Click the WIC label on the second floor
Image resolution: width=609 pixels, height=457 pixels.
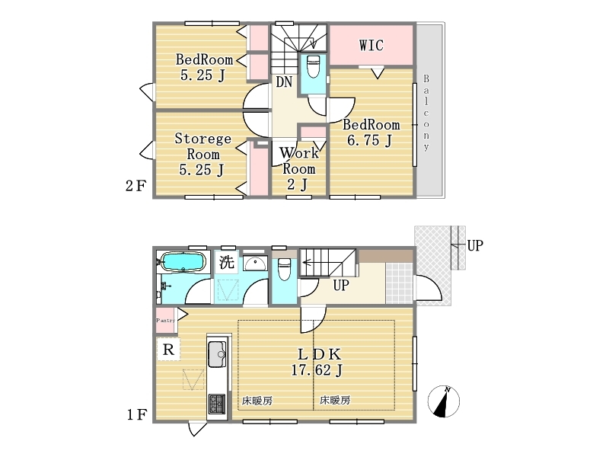coord(371,45)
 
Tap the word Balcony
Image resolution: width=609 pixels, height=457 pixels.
coord(426,112)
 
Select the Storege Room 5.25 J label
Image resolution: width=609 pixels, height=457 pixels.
coord(202,155)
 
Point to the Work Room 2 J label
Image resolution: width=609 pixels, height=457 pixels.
coord(298,168)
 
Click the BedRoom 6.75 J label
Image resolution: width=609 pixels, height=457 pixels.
coord(371,133)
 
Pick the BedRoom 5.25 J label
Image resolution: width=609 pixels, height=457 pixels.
coord(204,67)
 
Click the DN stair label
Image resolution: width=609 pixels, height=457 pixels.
coord(284,82)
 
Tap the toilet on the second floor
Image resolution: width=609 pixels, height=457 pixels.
coord(313,66)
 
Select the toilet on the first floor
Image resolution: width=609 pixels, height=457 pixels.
coord(284,270)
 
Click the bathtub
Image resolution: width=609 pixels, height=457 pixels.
coord(183,261)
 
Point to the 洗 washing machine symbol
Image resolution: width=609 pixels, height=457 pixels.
coord(227,262)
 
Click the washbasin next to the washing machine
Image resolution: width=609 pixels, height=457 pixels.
coord(255,264)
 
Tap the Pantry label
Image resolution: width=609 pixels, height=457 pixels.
coord(166,320)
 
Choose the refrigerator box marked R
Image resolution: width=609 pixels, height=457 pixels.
coord(168,350)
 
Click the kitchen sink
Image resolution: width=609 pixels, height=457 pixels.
coord(217,353)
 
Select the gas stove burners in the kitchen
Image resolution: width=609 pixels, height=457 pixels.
coord(217,404)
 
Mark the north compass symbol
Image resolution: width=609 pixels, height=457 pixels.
coord(444,401)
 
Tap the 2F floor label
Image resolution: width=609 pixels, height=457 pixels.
coord(136,186)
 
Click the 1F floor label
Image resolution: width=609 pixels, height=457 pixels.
coord(136,415)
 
